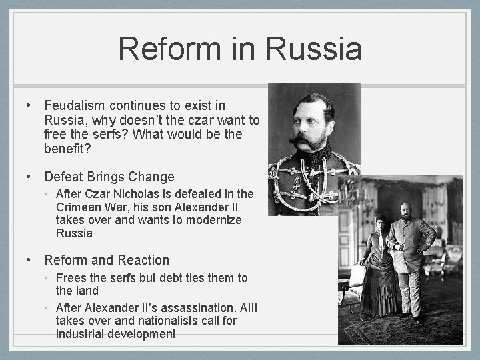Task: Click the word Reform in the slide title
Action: click(167, 49)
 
